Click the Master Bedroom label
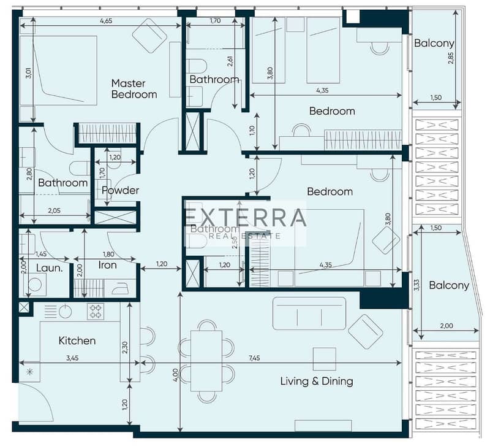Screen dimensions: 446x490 click(134, 89)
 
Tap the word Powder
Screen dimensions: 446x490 click(120, 190)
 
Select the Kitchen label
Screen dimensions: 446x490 click(77, 340)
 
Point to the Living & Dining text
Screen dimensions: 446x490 click(317, 381)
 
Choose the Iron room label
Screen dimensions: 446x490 click(108, 266)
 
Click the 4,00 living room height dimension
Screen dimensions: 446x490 click(175, 373)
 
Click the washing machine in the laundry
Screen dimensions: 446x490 click(36, 285)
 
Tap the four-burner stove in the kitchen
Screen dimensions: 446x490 click(96, 312)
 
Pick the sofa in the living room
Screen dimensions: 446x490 click(309, 313)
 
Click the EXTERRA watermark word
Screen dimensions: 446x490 click(245, 218)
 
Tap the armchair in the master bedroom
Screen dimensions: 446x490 click(149, 35)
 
